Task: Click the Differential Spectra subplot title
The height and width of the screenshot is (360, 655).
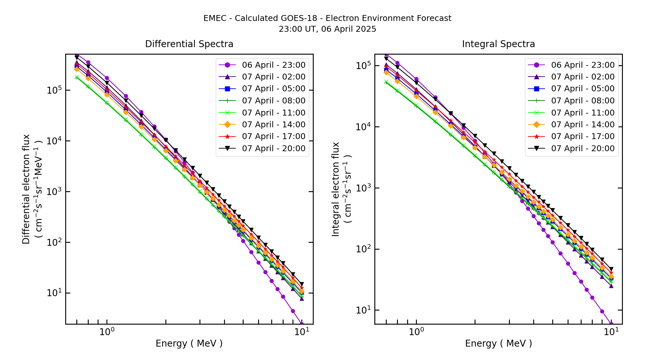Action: [x=189, y=44]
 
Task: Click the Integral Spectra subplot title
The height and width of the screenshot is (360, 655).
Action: [x=498, y=44]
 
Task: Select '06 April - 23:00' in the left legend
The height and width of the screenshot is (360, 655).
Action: [x=273, y=65]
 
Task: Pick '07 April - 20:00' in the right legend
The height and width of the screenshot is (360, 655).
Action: [x=583, y=149]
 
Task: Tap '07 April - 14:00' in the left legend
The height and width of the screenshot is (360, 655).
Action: [x=273, y=125]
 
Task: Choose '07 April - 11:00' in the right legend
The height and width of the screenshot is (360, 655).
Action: [x=583, y=113]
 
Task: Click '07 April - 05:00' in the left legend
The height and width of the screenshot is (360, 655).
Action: [x=273, y=89]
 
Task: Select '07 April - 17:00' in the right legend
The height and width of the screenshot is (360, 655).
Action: [x=583, y=136]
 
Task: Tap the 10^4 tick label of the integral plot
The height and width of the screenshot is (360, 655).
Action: [x=363, y=127]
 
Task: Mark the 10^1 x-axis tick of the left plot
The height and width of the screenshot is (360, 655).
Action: [x=302, y=332]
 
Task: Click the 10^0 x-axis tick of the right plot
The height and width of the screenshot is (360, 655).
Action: [x=416, y=332]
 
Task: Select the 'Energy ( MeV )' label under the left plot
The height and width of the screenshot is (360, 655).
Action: [x=189, y=343]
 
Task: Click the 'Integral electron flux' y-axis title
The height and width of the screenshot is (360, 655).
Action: [x=336, y=189]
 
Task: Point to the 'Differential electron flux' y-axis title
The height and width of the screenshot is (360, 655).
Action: [x=26, y=189]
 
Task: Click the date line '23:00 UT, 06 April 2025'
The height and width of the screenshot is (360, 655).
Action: [x=327, y=29]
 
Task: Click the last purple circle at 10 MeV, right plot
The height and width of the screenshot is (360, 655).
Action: [x=611, y=324]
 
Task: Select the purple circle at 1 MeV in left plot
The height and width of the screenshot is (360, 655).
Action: [x=107, y=78]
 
